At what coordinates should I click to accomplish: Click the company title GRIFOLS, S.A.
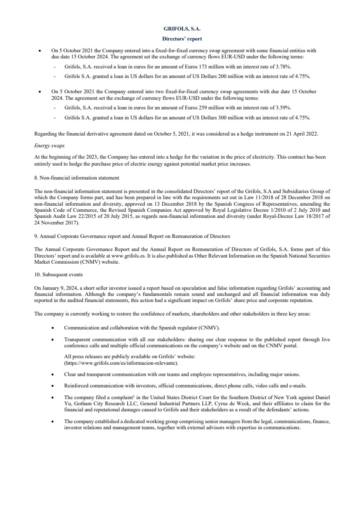(180, 29)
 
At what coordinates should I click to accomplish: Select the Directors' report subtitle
(180, 39)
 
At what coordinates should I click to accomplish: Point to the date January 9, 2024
(57, 288)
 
